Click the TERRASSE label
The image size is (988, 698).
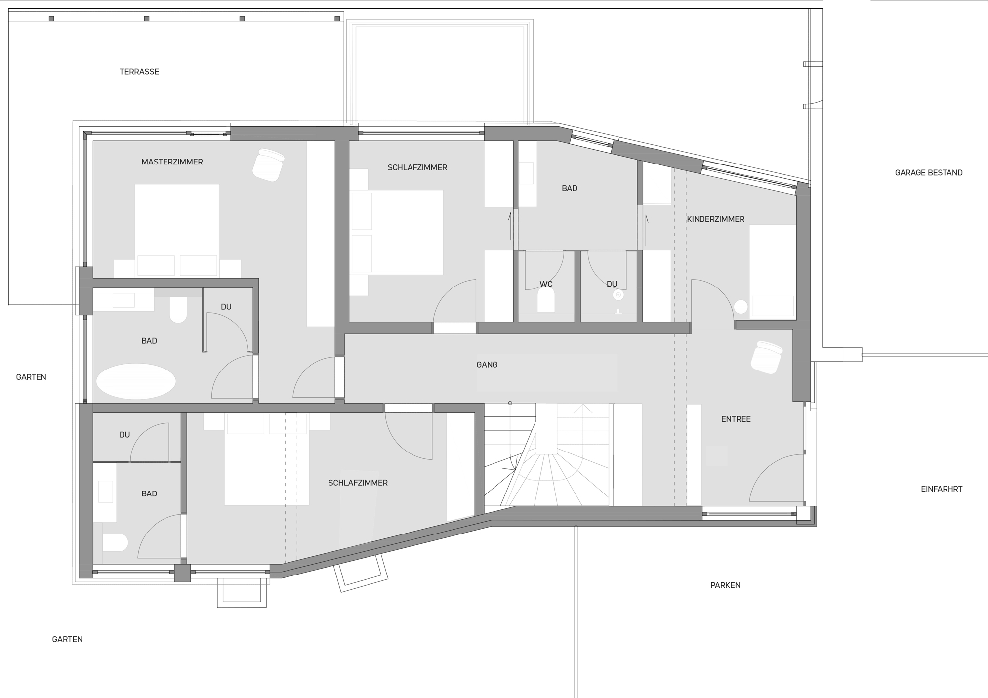point(139,72)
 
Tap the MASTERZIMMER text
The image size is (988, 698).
point(172,162)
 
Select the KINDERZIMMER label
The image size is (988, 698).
point(715,219)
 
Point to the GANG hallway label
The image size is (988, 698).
point(487,365)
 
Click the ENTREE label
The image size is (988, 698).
point(736,419)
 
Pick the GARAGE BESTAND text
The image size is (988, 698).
point(929,173)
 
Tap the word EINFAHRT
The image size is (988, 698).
point(942,489)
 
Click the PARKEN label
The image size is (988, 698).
point(725,585)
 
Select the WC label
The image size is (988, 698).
point(546,284)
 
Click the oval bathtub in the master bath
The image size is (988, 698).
point(136,381)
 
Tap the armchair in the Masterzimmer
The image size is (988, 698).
point(268,165)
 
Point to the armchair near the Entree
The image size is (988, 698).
point(767,357)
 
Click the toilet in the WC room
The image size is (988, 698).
point(546,300)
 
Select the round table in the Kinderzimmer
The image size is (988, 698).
point(741,307)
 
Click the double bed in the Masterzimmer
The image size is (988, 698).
point(177,230)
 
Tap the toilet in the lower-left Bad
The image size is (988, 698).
point(115,542)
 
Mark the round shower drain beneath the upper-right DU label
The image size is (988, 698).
point(618,295)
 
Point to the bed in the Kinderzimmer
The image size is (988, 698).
point(773,271)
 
